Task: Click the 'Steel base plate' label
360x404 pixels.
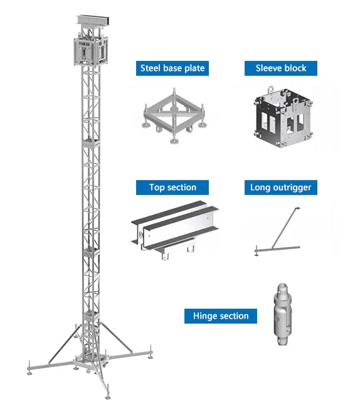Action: [172, 68]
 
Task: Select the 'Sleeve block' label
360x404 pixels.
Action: [280, 68]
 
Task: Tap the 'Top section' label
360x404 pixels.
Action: [172, 187]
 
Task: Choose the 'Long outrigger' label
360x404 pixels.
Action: [280, 187]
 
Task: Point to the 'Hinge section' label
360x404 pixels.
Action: [220, 316]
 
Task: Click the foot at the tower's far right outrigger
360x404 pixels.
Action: [151, 358]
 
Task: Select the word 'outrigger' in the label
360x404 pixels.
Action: [292, 187]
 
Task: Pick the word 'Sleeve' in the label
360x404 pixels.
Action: [268, 68]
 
